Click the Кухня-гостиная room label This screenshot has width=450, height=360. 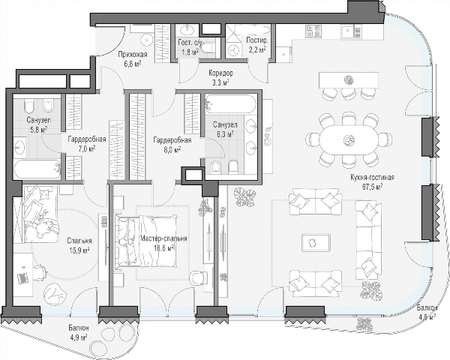point(372,177)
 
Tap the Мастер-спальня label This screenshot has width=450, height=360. point(163,238)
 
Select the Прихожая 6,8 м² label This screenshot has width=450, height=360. point(132,59)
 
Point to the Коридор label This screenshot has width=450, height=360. point(220,73)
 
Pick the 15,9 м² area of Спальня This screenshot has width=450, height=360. point(79,250)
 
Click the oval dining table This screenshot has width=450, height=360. point(349,139)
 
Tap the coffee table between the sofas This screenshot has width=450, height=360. point(316,243)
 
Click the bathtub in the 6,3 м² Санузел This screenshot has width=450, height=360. point(230,103)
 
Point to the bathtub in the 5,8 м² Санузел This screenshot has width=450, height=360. point(37,169)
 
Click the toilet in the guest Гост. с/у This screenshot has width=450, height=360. point(208,48)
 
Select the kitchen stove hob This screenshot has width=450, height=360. point(313,31)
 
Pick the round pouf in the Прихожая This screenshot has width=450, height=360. point(147,40)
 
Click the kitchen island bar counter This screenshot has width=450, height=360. point(349,80)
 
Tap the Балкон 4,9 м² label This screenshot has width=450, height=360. point(78,332)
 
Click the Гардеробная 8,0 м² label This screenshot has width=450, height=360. point(172,145)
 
